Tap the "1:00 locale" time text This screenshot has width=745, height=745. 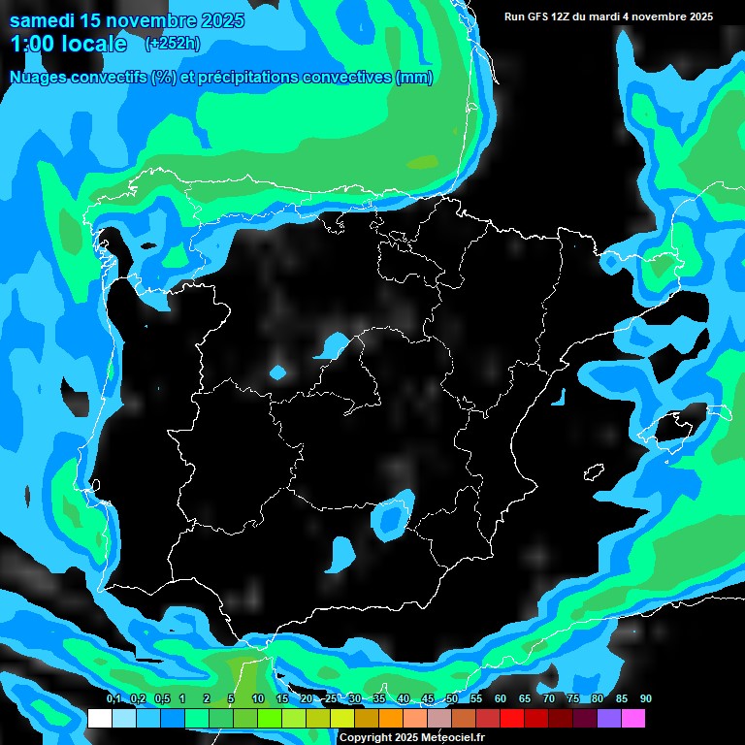tap(69, 44)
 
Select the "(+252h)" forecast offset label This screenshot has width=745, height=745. tap(172, 44)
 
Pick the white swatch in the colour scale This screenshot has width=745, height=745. tap(100, 719)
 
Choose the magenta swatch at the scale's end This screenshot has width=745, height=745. tap(633, 719)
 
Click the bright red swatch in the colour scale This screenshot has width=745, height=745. tap(512, 719)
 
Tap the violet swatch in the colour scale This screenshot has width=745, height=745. tap(609, 719)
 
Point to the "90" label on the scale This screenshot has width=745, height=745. tap(646, 699)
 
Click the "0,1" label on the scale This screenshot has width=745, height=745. tap(113, 699)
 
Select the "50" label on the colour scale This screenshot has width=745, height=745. tap(452, 699)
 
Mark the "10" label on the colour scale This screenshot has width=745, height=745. tap(258, 699)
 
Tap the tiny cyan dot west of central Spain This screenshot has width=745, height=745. tap(278, 372)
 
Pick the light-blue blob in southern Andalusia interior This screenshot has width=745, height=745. tap(341, 553)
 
